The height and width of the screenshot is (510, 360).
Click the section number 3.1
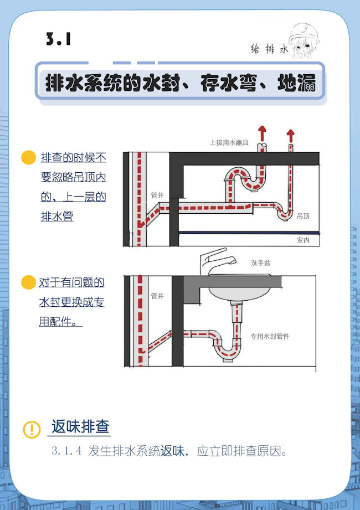point(59,39)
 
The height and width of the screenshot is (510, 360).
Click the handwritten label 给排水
point(270,49)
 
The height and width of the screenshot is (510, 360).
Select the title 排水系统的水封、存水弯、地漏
point(181,83)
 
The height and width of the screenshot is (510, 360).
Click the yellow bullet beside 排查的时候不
point(28,157)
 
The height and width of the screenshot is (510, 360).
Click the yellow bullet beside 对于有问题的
point(28,282)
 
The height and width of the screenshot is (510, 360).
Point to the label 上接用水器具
point(229,142)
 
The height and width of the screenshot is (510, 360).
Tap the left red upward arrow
point(262,133)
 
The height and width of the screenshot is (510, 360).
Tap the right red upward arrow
point(291,136)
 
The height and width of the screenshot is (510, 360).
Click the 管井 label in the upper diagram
point(157,195)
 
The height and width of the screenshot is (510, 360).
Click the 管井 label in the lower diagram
point(157,296)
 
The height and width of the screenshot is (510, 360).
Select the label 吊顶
point(303,216)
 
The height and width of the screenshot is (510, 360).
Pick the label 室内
point(303,240)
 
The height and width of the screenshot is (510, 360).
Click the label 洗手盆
point(261,263)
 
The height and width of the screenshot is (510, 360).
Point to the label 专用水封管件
point(270,336)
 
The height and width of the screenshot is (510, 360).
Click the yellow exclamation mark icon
point(32,429)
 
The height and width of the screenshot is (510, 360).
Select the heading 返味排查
point(80,426)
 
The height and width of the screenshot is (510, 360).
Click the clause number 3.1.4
point(66,451)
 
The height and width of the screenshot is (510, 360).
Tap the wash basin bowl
point(240,291)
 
